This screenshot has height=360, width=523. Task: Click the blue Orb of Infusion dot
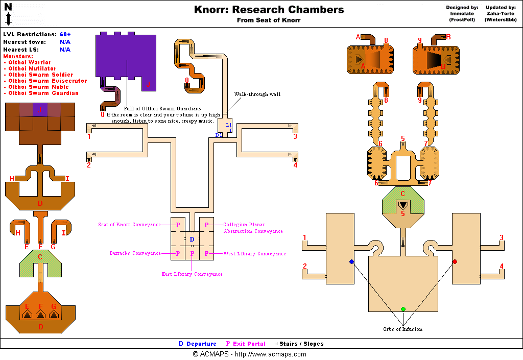351,261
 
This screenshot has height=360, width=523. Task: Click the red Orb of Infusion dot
455,261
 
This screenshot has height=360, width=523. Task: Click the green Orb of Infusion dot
403,309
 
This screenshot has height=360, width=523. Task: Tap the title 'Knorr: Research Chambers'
269,10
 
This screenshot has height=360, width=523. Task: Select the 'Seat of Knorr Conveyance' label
129,225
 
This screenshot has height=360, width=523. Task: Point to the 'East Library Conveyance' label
192,274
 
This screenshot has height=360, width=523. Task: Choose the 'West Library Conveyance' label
254,254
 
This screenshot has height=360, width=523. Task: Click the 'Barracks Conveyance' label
135,253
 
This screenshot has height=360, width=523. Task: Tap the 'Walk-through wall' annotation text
257,94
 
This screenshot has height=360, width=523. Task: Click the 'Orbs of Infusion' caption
403,329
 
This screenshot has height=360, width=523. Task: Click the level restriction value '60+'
65,34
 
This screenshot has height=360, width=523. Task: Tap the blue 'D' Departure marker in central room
192,239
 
